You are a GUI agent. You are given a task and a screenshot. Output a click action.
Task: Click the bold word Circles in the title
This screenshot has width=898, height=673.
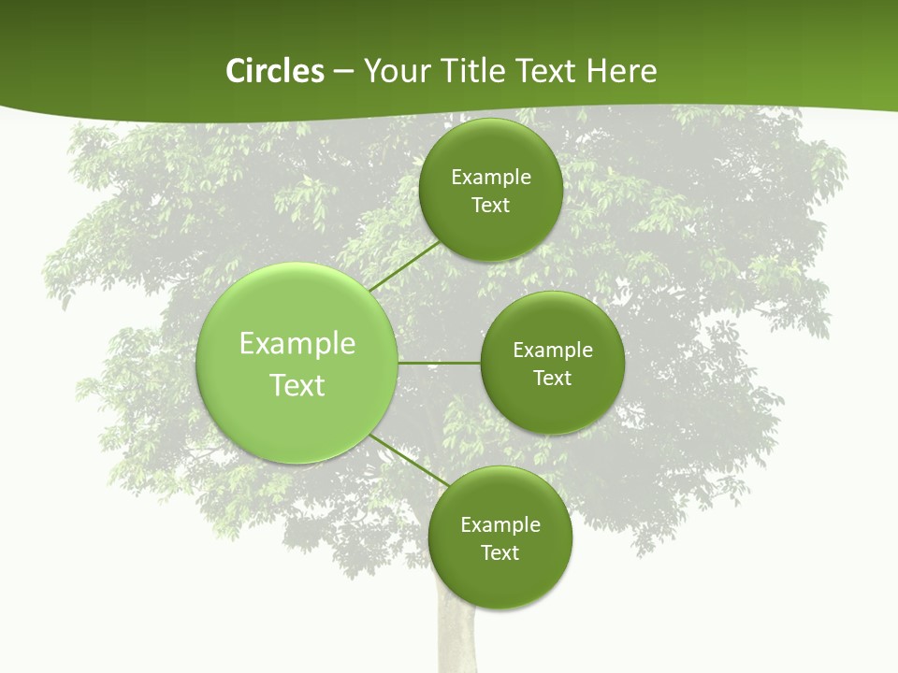coord(274,71)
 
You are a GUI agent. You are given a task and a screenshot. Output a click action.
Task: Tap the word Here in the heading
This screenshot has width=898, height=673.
coord(621,71)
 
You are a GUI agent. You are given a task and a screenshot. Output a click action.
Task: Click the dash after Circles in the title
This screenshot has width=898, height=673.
coord(343,72)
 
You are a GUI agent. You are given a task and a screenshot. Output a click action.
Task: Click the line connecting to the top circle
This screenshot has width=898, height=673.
coord(405,265)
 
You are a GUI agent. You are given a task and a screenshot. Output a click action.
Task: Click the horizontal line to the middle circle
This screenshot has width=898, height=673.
coord(439,363)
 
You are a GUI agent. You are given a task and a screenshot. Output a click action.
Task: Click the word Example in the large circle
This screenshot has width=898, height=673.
coord(297,344)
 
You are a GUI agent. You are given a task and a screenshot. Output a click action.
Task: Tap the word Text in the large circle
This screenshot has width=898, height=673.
coord(297,385)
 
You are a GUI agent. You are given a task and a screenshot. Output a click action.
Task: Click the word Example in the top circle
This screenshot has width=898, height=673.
coord(490,178)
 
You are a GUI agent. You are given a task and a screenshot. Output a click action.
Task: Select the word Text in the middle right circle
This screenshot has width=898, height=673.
coord(552,379)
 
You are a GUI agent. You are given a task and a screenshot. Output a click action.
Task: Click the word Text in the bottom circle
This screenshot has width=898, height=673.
coord(500,553)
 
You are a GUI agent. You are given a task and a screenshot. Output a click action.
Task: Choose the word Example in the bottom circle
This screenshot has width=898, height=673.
coord(500,525)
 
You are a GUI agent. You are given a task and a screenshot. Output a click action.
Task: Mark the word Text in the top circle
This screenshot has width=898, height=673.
coord(490,206)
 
